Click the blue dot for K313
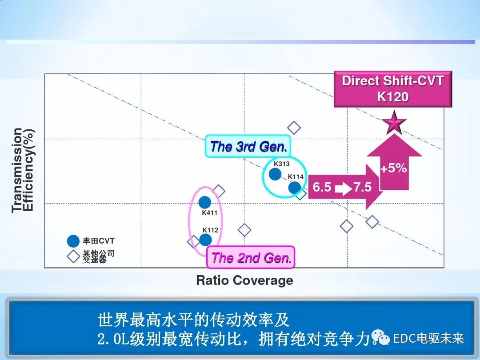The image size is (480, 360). tap(275, 174)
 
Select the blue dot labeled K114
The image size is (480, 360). tap(295, 188)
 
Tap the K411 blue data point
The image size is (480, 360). tap(205, 202)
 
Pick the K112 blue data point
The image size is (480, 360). tap(205, 240)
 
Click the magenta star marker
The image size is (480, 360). tap(394, 123)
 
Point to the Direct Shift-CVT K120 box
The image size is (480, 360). tap(392, 88)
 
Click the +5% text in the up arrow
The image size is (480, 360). tap(394, 168)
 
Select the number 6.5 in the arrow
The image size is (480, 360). tap(322, 187)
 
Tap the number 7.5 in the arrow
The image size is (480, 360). tap(362, 187)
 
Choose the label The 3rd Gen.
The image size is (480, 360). tap(248, 147)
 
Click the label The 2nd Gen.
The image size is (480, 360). tap(251, 258)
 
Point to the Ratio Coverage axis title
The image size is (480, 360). tap(244, 280)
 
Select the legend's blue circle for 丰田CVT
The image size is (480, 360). tap(73, 241)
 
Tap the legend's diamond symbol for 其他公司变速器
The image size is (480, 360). tap(73, 256)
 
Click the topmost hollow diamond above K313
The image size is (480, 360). tap(294, 128)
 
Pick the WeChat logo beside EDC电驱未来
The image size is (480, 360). tap(380, 338)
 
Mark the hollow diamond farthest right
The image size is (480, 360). tap(372, 222)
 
